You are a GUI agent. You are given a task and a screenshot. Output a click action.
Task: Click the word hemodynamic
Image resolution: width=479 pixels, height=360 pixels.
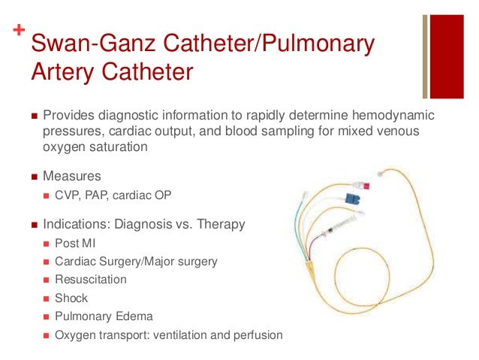click(x=395, y=117)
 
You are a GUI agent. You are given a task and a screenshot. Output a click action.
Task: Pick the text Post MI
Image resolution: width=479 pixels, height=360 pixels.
click(x=76, y=243)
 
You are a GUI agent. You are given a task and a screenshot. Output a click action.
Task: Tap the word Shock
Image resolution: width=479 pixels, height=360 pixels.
click(x=71, y=298)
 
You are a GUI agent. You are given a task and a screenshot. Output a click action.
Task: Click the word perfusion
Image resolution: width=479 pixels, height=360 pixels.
click(x=256, y=335)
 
